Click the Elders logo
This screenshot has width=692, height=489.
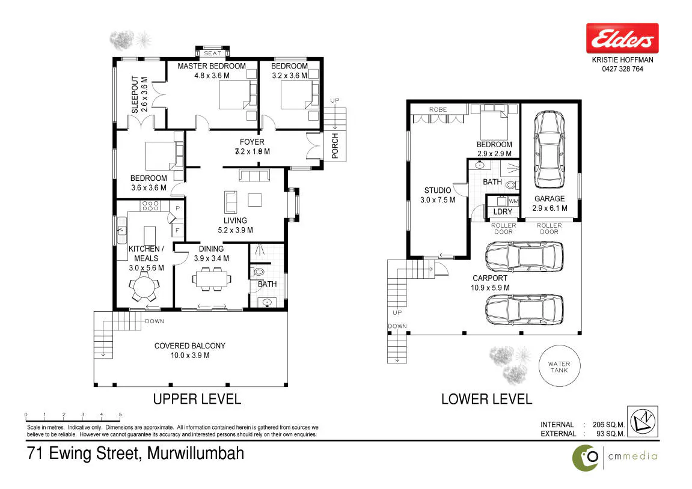click(x=622, y=38)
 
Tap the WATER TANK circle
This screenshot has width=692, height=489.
click(x=560, y=345)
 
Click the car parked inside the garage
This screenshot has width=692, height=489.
click(x=549, y=150)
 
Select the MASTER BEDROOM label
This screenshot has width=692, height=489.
click(x=212, y=66)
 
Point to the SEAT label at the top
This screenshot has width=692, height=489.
click(x=212, y=53)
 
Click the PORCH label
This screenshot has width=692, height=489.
click(x=335, y=145)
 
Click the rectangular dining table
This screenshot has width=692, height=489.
click(x=212, y=279)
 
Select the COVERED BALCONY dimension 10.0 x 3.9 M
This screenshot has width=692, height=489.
click(x=190, y=356)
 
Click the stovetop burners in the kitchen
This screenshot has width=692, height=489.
click(x=150, y=205)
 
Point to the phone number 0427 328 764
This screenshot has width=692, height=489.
click(x=622, y=69)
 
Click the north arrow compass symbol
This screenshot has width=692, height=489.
click(x=643, y=422)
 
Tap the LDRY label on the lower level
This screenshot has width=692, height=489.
click(x=503, y=211)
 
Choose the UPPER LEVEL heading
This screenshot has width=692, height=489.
click(x=197, y=399)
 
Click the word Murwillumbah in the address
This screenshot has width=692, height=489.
click(x=195, y=454)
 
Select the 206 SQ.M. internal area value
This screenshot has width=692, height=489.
click(x=608, y=425)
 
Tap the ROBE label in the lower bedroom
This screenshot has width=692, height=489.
click(x=438, y=109)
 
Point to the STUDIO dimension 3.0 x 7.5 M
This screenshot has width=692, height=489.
click(x=437, y=199)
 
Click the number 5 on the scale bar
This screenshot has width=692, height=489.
click(x=120, y=415)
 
